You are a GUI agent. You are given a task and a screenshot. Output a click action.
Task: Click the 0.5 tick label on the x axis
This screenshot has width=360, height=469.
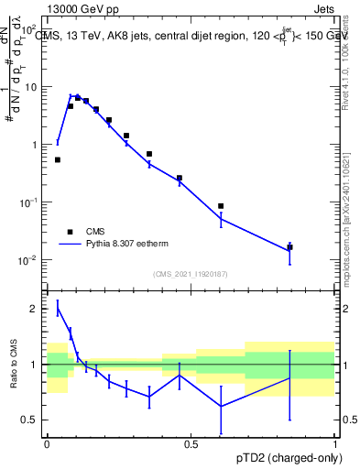pos(191,444)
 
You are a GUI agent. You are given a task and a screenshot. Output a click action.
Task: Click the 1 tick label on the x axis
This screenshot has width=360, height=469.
pos(333,444)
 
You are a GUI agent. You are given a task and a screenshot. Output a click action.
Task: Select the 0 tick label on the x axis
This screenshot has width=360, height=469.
pos(47,444)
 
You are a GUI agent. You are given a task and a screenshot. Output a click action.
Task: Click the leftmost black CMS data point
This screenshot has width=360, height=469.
pos(58,159)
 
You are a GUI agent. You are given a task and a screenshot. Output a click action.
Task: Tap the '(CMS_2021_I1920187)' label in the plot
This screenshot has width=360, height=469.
pos(191,274)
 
